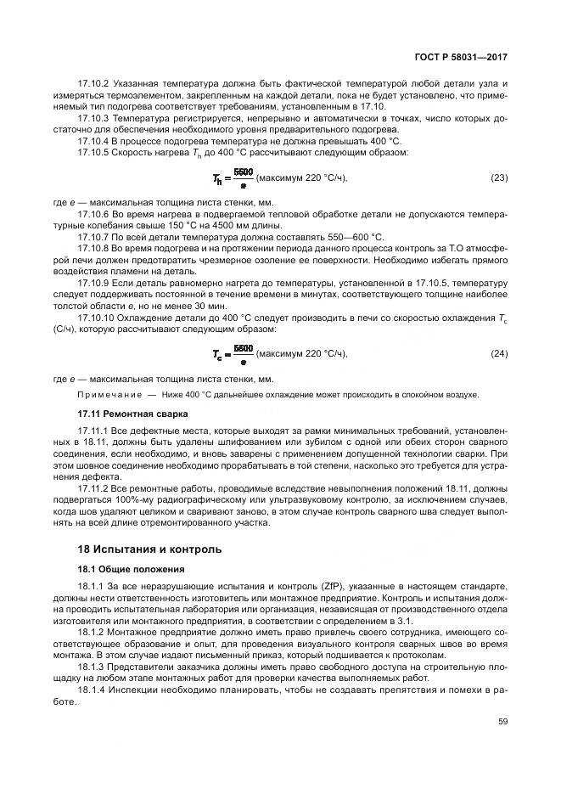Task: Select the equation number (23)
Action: coord(500,177)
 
